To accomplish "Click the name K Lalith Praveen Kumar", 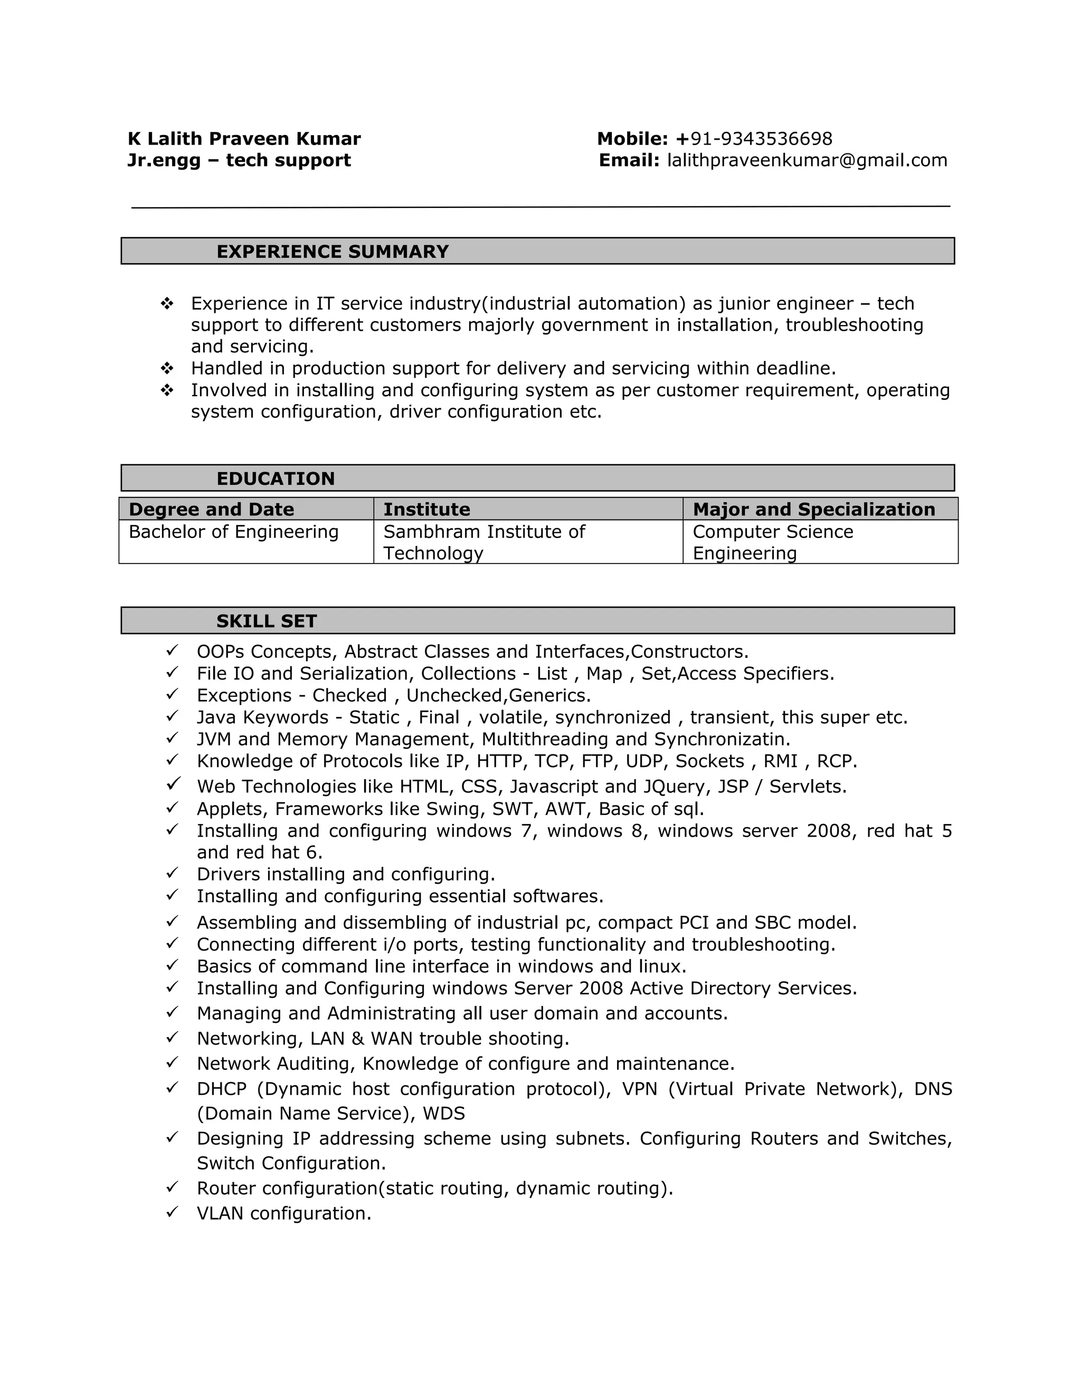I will point(244,139).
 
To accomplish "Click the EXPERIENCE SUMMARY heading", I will point(333,252).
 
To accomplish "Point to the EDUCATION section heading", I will point(276,479).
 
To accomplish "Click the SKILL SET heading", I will point(267,621).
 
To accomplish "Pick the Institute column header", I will point(426,510).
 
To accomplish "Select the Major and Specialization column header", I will point(813,510).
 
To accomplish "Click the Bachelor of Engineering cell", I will point(234,532).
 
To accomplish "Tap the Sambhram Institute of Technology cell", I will point(483,542).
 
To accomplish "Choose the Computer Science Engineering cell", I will point(772,542).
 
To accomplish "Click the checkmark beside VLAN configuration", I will point(172,1212).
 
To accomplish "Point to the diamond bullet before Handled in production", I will point(167,368).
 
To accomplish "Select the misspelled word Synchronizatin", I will point(722,739).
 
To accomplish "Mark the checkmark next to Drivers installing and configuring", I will point(172,873).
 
